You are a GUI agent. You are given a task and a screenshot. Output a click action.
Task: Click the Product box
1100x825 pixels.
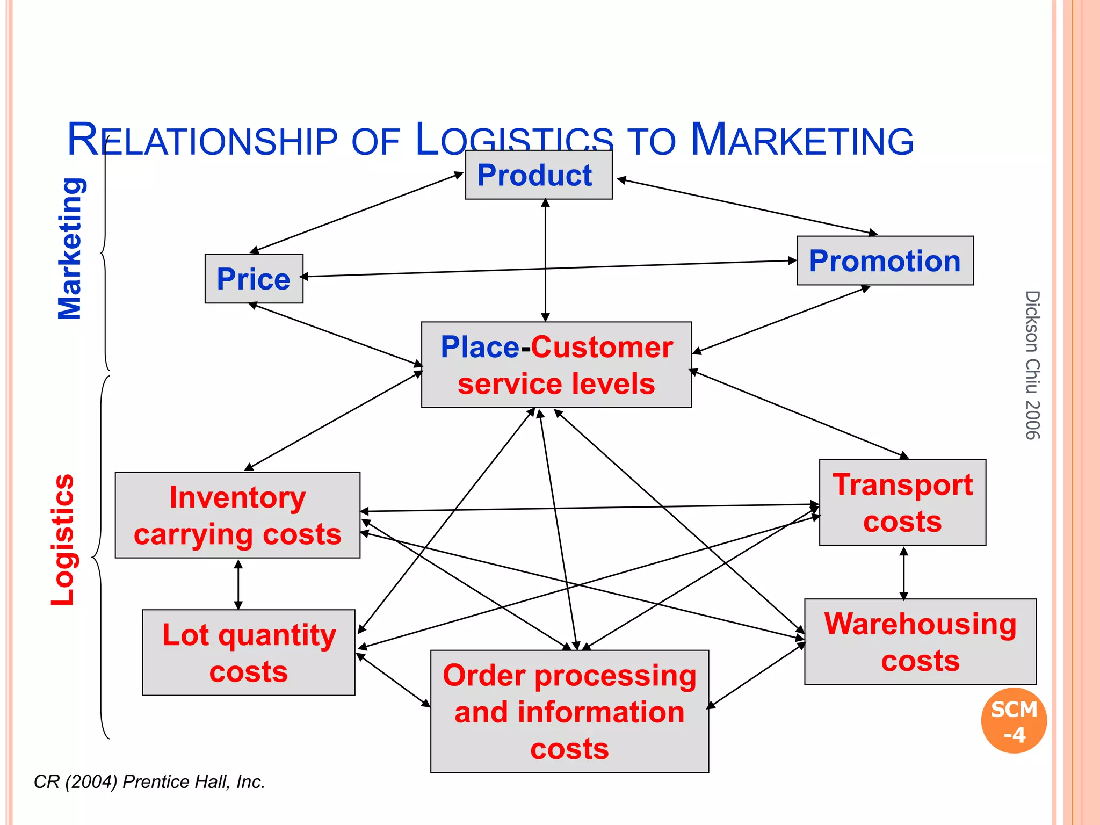[x=538, y=175]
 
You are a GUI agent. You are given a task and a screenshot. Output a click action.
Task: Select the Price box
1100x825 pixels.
[x=254, y=279]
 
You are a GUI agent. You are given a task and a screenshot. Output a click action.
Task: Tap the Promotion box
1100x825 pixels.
[x=885, y=261]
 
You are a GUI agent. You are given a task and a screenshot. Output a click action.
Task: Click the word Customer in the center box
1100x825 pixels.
[x=602, y=347]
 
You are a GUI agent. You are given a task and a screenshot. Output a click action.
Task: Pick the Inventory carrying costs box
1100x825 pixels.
[x=237, y=515]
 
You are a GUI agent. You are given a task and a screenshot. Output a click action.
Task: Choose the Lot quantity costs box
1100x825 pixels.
[x=248, y=653]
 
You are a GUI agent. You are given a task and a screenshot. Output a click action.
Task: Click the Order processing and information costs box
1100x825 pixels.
[x=569, y=711]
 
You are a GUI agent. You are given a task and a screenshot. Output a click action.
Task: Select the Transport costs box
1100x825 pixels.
[x=902, y=503]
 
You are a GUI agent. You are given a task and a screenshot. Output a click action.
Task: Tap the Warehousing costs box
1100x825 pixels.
[x=920, y=642]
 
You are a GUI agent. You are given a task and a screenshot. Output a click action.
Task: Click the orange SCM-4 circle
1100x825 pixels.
[x=1014, y=721]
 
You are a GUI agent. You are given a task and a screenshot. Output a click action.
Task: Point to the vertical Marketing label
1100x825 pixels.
[x=70, y=249]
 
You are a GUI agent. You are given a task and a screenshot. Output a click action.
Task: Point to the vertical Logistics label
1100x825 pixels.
[x=63, y=540]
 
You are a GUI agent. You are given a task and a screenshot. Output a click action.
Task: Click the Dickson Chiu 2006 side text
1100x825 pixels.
[x=1032, y=365]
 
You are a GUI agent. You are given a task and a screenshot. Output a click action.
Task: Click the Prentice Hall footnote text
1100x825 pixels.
[x=149, y=782]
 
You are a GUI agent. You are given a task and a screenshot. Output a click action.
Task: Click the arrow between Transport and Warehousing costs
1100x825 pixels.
[x=903, y=573]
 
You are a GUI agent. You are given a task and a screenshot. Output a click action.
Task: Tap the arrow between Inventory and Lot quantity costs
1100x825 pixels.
[x=238, y=584]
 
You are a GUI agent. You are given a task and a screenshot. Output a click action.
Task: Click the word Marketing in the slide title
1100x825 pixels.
[x=801, y=140]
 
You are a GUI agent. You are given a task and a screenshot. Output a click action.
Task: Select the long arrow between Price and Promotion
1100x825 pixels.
[x=548, y=269]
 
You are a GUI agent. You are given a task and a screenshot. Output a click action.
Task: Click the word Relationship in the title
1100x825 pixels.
[x=202, y=140]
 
